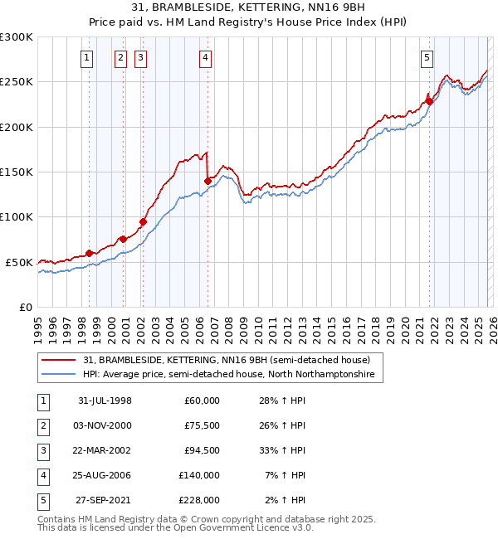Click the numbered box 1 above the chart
coord(88,57)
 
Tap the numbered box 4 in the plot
coord(204,57)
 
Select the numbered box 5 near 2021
coord(427,57)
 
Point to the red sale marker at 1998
coord(90,253)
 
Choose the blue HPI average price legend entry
coord(228,375)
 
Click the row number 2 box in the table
coord(42,425)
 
